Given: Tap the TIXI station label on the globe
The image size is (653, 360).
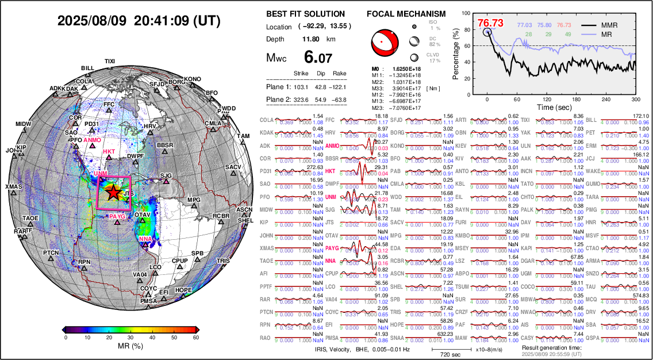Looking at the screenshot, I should click(x=110, y=62).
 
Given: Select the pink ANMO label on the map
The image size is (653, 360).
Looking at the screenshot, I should click(x=93, y=140).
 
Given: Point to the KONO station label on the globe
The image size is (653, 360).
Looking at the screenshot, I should click(x=193, y=79).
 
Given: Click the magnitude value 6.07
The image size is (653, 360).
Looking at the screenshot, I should click(x=318, y=58).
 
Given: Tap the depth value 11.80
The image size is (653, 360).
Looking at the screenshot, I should click(x=311, y=39).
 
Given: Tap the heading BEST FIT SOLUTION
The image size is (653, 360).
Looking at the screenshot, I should click(x=306, y=14).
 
